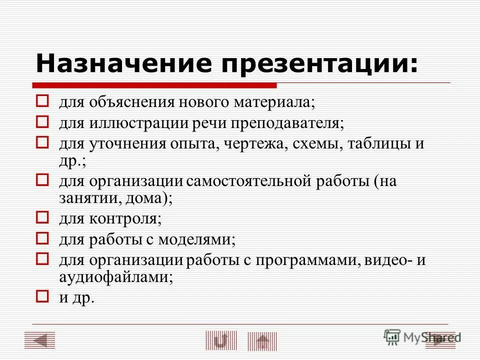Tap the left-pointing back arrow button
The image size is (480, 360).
click(39, 340)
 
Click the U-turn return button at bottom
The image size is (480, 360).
click(220, 340)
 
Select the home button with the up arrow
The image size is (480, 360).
click(262, 341)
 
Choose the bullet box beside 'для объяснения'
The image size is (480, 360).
click(42, 102)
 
